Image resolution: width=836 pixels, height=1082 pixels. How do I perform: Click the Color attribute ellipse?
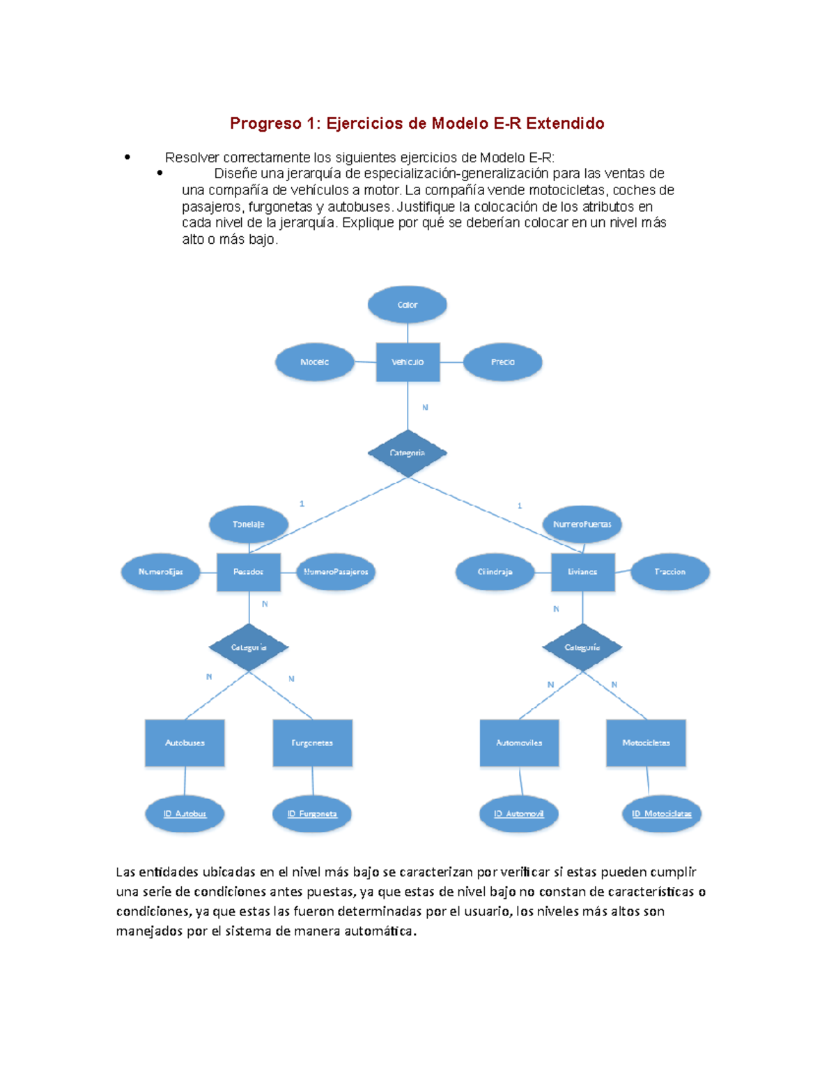pyautogui.click(x=407, y=304)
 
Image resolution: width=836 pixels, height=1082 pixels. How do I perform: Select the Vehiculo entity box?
pyautogui.click(x=408, y=362)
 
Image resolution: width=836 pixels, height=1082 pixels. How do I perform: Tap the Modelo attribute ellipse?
pyautogui.click(x=314, y=362)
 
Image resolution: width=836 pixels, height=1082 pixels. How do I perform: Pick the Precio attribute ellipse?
pyautogui.click(x=502, y=362)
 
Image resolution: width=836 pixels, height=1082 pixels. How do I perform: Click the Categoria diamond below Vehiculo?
pyautogui.click(x=407, y=453)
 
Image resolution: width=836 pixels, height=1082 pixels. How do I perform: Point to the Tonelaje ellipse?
pyautogui.click(x=248, y=524)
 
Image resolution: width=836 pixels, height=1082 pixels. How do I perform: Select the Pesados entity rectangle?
pyautogui.click(x=248, y=571)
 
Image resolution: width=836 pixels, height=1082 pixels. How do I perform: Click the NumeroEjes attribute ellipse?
pyautogui.click(x=160, y=571)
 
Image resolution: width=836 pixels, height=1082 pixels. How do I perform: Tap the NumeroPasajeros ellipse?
pyautogui.click(x=336, y=571)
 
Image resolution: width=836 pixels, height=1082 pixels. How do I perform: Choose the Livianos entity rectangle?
pyautogui.click(x=582, y=571)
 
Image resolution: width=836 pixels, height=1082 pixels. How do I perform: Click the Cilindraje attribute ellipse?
pyautogui.click(x=495, y=571)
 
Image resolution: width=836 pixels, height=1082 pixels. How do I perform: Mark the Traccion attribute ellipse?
pyautogui.click(x=669, y=571)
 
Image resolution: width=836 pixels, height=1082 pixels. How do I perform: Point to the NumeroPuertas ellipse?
pyautogui.click(x=582, y=524)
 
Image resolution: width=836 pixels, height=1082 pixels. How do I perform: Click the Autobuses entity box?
pyautogui.click(x=185, y=743)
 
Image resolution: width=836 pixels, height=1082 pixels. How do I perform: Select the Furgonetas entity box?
pyautogui.click(x=312, y=743)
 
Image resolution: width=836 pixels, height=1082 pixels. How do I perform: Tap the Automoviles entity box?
pyautogui.click(x=519, y=743)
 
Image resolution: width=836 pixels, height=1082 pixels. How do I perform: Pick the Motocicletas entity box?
pyautogui.click(x=646, y=743)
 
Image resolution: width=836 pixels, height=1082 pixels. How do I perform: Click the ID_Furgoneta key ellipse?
pyautogui.click(x=312, y=814)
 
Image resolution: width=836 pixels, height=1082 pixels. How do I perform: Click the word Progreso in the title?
pyautogui.click(x=265, y=123)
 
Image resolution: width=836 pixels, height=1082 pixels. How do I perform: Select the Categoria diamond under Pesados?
pyautogui.click(x=249, y=647)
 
